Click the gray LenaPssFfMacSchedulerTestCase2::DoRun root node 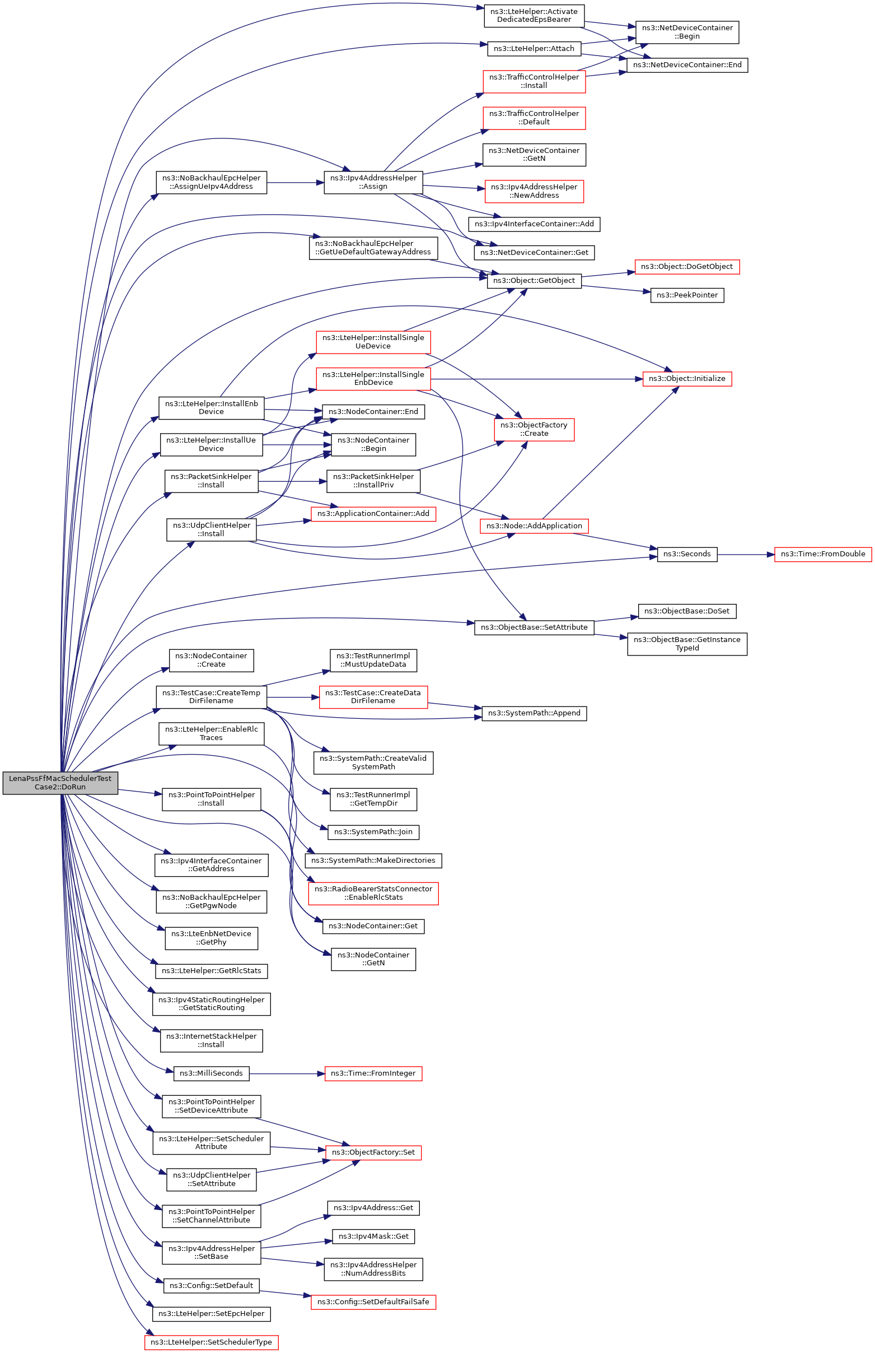(60, 783)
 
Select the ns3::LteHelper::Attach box (534, 48)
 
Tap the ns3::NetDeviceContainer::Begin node (687, 32)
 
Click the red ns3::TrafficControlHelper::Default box (534, 118)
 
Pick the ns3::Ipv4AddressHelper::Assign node (373, 182)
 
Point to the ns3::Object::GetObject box (534, 280)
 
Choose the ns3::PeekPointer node (687, 295)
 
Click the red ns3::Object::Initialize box (687, 379)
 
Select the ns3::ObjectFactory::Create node (534, 429)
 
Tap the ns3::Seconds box (687, 554)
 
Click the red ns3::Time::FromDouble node (823, 554)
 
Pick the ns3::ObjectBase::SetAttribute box (534, 627)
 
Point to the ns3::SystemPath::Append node (534, 713)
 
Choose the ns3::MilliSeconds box (212, 1073)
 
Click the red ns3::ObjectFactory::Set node (373, 1152)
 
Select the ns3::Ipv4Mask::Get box (373, 1236)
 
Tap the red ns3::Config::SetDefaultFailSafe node (373, 1302)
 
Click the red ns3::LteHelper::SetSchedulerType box (212, 1342)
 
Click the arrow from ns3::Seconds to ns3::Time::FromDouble (746, 554)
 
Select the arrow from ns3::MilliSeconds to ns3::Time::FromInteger (287, 1073)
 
